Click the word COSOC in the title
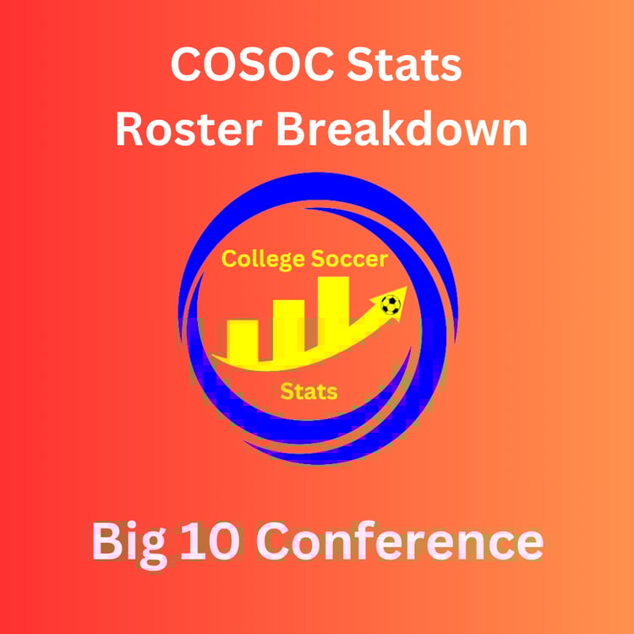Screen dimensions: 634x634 pos(253,65)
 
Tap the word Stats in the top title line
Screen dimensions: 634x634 pos(404,65)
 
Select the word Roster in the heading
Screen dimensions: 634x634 pos(189,129)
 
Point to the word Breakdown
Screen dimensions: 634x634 pos(402,128)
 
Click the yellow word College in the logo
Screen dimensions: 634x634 pos(263,260)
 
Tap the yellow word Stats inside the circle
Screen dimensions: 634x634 pos(309,391)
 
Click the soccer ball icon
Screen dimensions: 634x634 pos(391,305)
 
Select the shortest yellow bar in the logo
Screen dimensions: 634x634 pos(243,340)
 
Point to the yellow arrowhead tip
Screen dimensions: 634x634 pos(407,287)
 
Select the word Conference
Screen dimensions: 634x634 pos(400,541)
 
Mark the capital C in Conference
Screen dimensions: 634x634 pos(272,542)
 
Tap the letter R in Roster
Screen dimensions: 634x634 pos(130,129)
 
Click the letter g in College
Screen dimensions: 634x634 pos(287,262)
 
